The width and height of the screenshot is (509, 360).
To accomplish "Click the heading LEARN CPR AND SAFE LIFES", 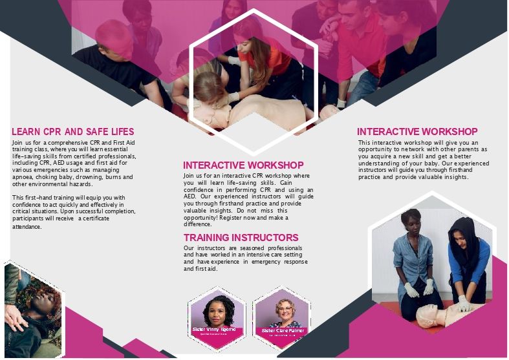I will [73, 132].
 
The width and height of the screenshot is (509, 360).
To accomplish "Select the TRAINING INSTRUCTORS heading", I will [241, 238].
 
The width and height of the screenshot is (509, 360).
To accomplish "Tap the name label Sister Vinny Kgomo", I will [214, 330].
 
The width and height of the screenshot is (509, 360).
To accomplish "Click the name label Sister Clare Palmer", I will [283, 330].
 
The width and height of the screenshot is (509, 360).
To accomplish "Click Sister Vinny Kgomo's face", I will [213, 309].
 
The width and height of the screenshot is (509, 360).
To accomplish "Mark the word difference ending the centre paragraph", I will [197, 224].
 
